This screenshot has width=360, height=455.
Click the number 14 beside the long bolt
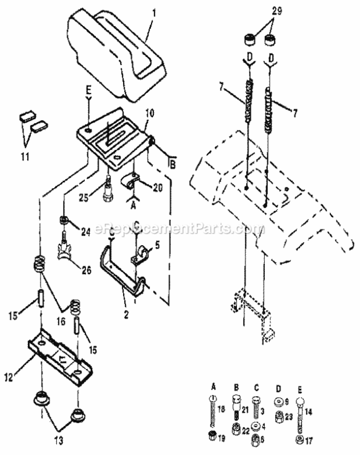pyautogui.click(x=310, y=411)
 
